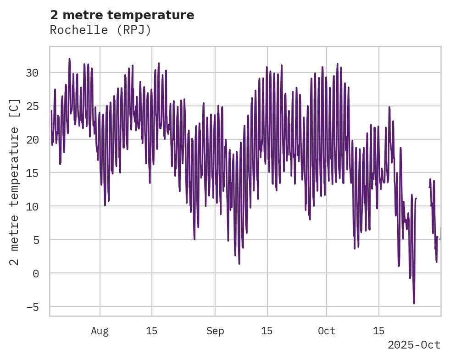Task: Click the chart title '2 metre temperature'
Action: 122,15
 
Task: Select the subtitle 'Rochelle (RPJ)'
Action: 100,30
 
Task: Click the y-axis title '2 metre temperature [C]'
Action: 14,182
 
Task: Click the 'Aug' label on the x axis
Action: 100,331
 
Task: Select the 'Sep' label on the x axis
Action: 215,331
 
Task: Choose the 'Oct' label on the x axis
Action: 327,331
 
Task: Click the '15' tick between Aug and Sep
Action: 152,331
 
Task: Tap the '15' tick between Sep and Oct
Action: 267,331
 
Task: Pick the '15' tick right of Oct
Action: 379,331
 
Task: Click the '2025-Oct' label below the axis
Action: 414,345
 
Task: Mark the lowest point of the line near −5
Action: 414,303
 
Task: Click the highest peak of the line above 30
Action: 69,59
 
